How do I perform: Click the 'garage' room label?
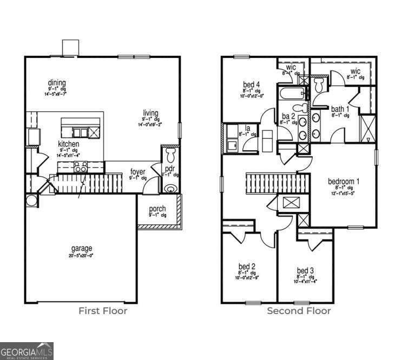tap(81, 249)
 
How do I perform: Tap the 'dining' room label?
tap(56, 83)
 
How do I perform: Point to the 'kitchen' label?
tap(69, 144)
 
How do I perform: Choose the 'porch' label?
tap(157, 209)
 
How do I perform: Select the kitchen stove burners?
tap(81, 169)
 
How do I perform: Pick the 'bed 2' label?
tap(247, 266)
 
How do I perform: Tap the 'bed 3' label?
tap(305, 270)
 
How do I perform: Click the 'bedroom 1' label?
tap(344, 181)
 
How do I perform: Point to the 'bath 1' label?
tap(340, 109)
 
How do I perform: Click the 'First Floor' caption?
tap(103, 311)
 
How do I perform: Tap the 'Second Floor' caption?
tap(299, 311)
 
